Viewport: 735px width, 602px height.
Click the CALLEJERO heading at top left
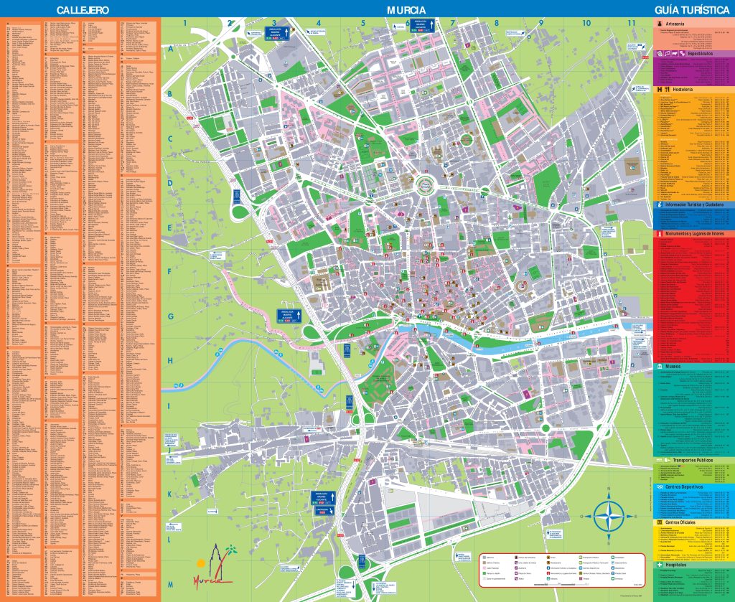pos(83,10)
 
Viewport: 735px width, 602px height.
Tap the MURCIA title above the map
pos(406,10)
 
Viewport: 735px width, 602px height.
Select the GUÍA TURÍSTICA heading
pos(693,10)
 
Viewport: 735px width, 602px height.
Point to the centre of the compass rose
pos(609,514)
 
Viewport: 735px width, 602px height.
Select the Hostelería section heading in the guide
pos(678,89)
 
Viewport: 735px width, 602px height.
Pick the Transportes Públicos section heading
pos(689,460)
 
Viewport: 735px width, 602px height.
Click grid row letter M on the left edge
pos(170,583)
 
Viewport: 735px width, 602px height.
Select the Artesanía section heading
pos(678,24)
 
